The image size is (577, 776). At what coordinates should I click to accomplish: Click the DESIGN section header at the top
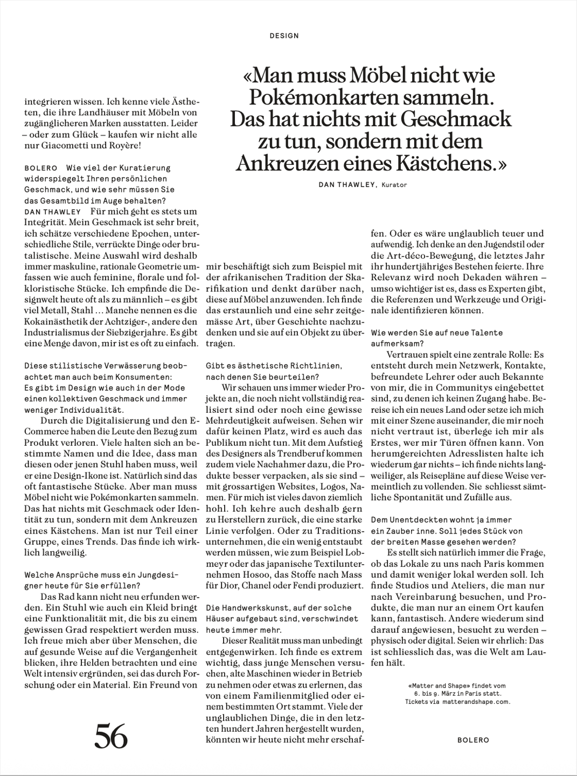tap(284, 36)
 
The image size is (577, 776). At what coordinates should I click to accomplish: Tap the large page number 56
tap(112, 736)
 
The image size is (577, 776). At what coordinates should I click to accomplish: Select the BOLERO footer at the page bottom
tap(473, 740)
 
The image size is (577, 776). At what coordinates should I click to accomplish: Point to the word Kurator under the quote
tap(394, 185)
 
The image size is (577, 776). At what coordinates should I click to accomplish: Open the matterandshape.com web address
tap(476, 702)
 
